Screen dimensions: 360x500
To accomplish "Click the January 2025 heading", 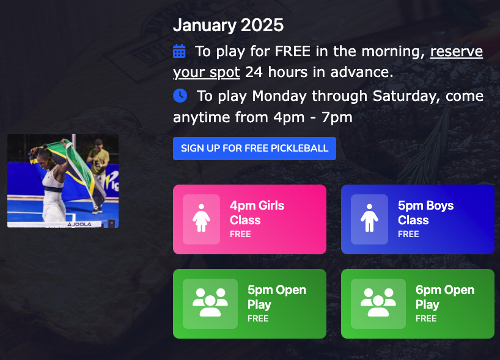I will point(228,25).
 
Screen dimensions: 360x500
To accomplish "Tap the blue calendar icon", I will point(179,51).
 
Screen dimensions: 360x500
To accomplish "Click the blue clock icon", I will point(180,95).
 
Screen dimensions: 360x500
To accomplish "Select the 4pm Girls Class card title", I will point(257,213).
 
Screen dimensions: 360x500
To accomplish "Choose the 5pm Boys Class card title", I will point(425,213).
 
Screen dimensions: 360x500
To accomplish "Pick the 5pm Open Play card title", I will point(276,297).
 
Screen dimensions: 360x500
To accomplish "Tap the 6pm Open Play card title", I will point(444,297).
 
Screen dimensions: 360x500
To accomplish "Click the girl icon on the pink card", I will point(201,219).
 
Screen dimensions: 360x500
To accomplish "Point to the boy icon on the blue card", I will point(369,219).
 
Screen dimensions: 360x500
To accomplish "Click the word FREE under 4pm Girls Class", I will point(240,234).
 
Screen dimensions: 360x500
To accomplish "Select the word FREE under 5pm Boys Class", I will point(408,234).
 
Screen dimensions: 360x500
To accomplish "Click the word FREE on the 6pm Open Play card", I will point(426,318).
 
